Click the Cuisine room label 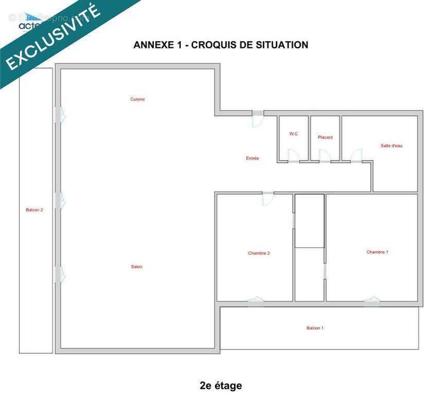[137, 99]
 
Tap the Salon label [136, 267]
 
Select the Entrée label [252, 159]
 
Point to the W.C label [294, 134]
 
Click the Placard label [325, 138]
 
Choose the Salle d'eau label [391, 146]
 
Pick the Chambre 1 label [377, 252]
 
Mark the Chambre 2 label [259, 253]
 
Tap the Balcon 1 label [315, 328]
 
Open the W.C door [294, 156]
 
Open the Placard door [324, 156]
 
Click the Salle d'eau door [356, 156]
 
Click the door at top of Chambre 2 [268, 199]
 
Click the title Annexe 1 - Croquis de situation [221, 45]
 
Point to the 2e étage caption [221, 386]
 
